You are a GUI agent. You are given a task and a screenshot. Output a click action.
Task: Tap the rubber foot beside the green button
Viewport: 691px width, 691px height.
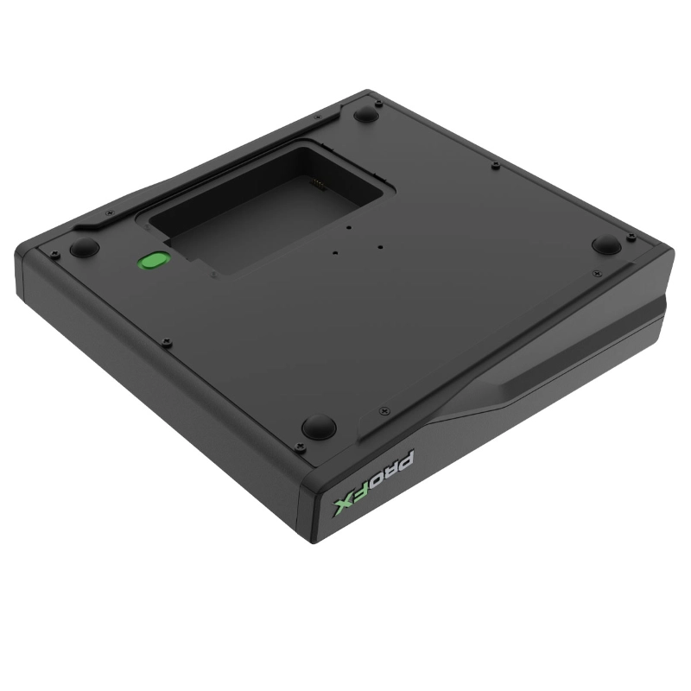pyautogui.click(x=84, y=248)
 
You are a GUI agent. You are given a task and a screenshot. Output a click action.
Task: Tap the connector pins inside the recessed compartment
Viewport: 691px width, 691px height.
pyautogui.click(x=318, y=183)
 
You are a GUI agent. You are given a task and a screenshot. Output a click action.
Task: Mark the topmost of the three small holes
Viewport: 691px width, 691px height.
pyautogui.click(x=346, y=228)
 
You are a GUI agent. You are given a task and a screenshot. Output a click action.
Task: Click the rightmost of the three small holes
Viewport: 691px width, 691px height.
pyautogui.click(x=379, y=244)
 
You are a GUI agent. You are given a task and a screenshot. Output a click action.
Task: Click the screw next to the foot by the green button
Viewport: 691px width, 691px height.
pyautogui.click(x=55, y=252)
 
